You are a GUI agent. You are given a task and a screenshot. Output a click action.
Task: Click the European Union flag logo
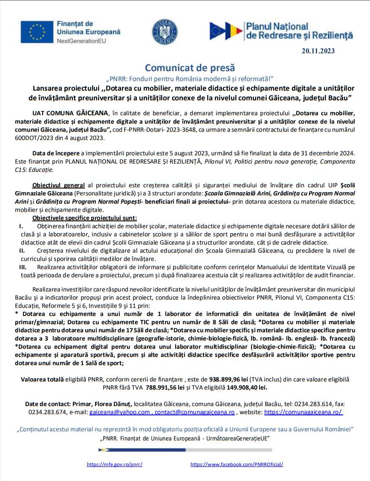pyautogui.click(x=37, y=32)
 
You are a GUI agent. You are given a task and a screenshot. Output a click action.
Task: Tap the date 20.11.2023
pyautogui.click(x=318, y=51)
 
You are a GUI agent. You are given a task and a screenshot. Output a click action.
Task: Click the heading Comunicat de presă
pyautogui.click(x=190, y=67)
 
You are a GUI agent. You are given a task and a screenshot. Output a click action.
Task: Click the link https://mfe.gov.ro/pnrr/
pyautogui.click(x=115, y=464)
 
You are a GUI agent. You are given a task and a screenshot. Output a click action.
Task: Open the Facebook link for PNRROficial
pyautogui.click(x=237, y=464)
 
